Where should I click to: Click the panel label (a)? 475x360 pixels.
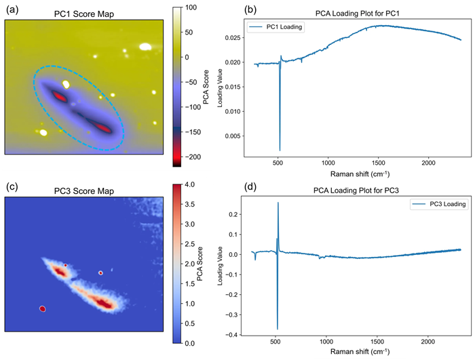pyautogui.click(x=12, y=8)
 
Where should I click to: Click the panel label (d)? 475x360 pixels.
pyautogui.click(x=229, y=186)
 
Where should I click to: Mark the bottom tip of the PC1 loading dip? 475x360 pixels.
pyautogui.click(x=280, y=151)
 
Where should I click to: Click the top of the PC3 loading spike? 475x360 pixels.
pyautogui.click(x=278, y=202)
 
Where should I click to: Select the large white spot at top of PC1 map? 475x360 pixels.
pyautogui.click(x=145, y=47)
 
